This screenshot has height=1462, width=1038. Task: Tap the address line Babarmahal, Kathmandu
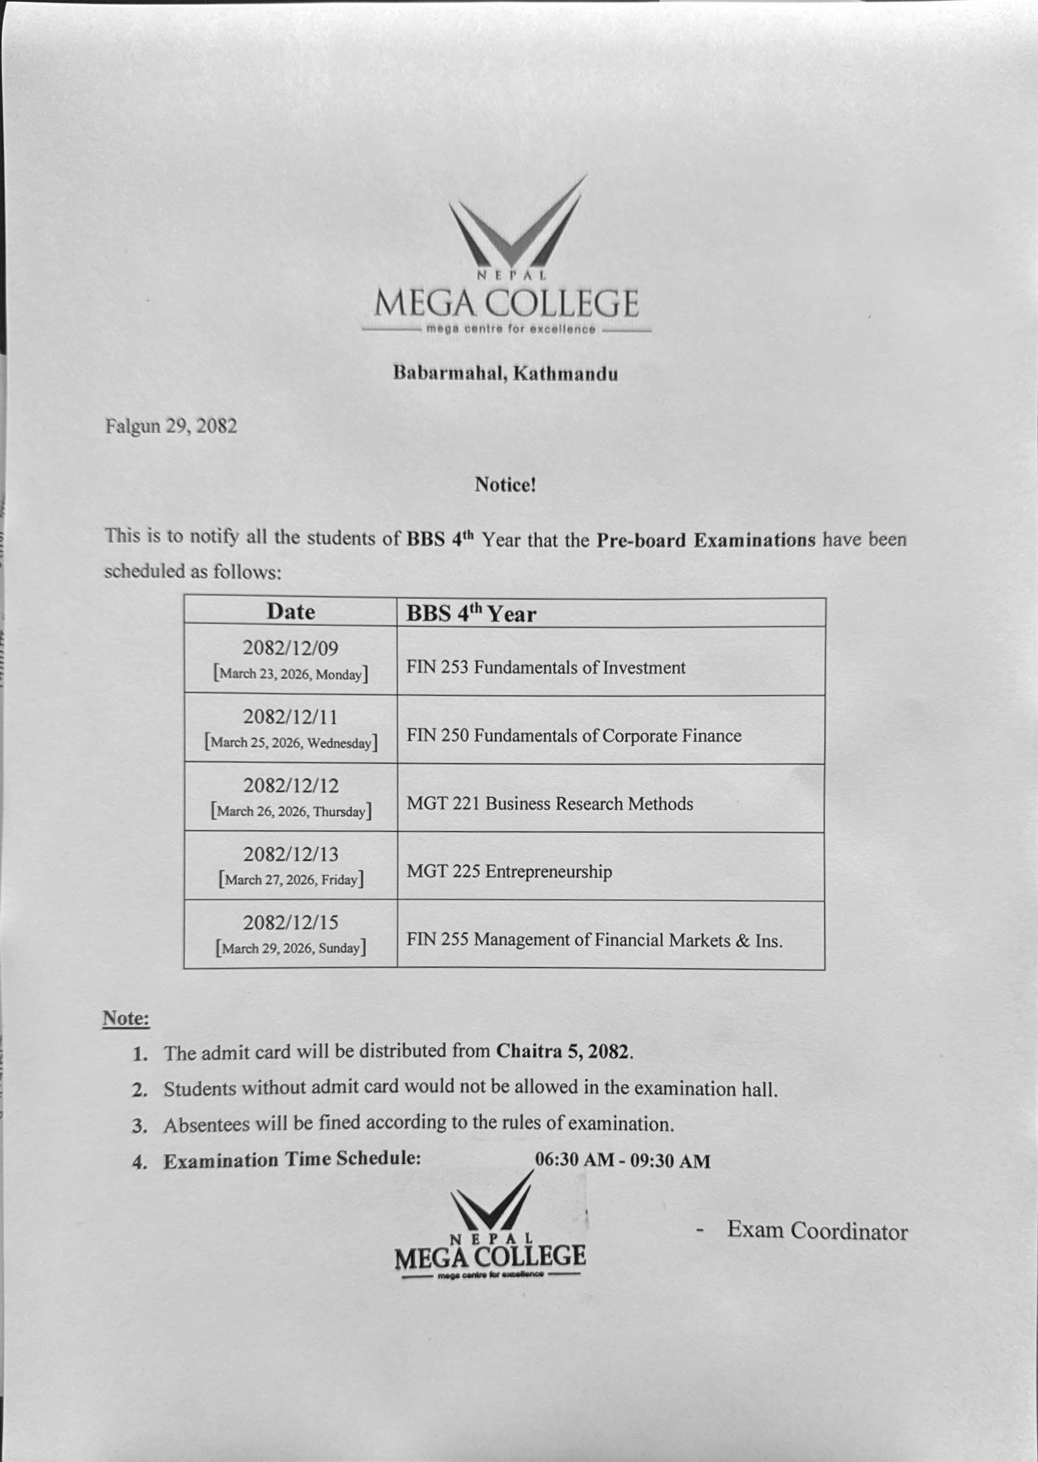505,373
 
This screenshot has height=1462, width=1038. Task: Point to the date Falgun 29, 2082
171,426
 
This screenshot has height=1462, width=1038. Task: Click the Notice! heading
505,484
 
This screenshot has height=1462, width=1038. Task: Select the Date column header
290,612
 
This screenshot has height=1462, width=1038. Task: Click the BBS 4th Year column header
471,614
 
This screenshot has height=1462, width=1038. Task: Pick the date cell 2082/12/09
290,648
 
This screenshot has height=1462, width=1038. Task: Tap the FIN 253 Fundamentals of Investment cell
546,668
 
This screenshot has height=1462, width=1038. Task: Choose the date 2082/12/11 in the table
290,717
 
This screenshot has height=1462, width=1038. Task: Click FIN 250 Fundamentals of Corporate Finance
574,736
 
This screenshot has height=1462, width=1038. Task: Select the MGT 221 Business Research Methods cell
550,804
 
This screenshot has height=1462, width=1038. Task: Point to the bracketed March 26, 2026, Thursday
291,812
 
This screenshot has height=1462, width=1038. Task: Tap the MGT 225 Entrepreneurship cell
509,872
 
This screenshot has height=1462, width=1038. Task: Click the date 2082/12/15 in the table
290,922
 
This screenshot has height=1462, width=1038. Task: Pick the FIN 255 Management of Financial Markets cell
594,940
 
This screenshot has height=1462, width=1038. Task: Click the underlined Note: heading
126,1018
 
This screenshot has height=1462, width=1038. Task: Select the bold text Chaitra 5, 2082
564,1051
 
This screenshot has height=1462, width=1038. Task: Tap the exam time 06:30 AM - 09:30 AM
622,1161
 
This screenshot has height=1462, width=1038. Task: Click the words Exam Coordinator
817,1230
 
